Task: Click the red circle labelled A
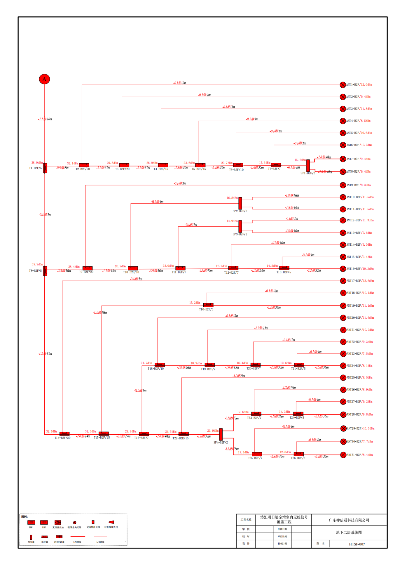click(x=44, y=79)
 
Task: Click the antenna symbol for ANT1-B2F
click(x=343, y=85)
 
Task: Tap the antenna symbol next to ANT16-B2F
click(x=343, y=269)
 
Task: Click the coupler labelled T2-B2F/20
click(x=84, y=165)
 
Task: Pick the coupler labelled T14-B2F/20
click(x=64, y=433)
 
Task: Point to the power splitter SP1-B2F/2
click(x=308, y=165)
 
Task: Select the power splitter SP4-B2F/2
click(x=221, y=434)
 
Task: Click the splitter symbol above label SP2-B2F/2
click(x=240, y=203)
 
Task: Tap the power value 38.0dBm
click(x=37, y=163)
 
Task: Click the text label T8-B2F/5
click(x=35, y=271)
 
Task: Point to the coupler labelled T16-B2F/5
click(x=208, y=305)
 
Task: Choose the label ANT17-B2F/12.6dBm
click(x=360, y=281)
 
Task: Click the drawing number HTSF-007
click(x=357, y=544)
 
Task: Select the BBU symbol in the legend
click(x=31, y=523)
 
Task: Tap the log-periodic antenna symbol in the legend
click(x=111, y=522)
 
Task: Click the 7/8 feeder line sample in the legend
click(x=78, y=537)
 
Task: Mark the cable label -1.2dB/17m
click(x=45, y=354)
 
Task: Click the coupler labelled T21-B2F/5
click(x=299, y=365)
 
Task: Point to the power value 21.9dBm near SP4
click(x=213, y=431)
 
